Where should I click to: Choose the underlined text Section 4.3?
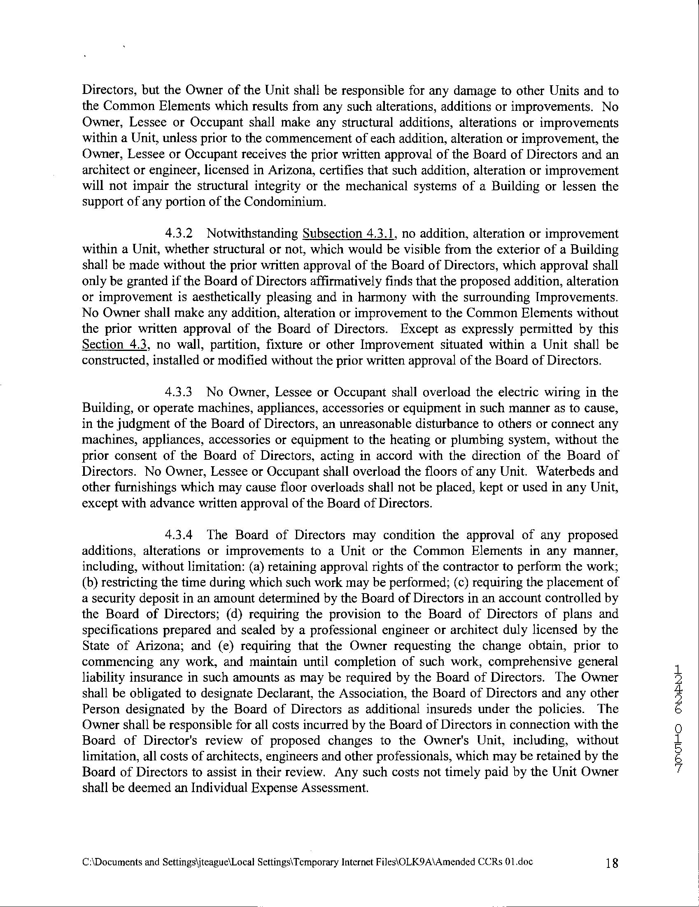(115, 345)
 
